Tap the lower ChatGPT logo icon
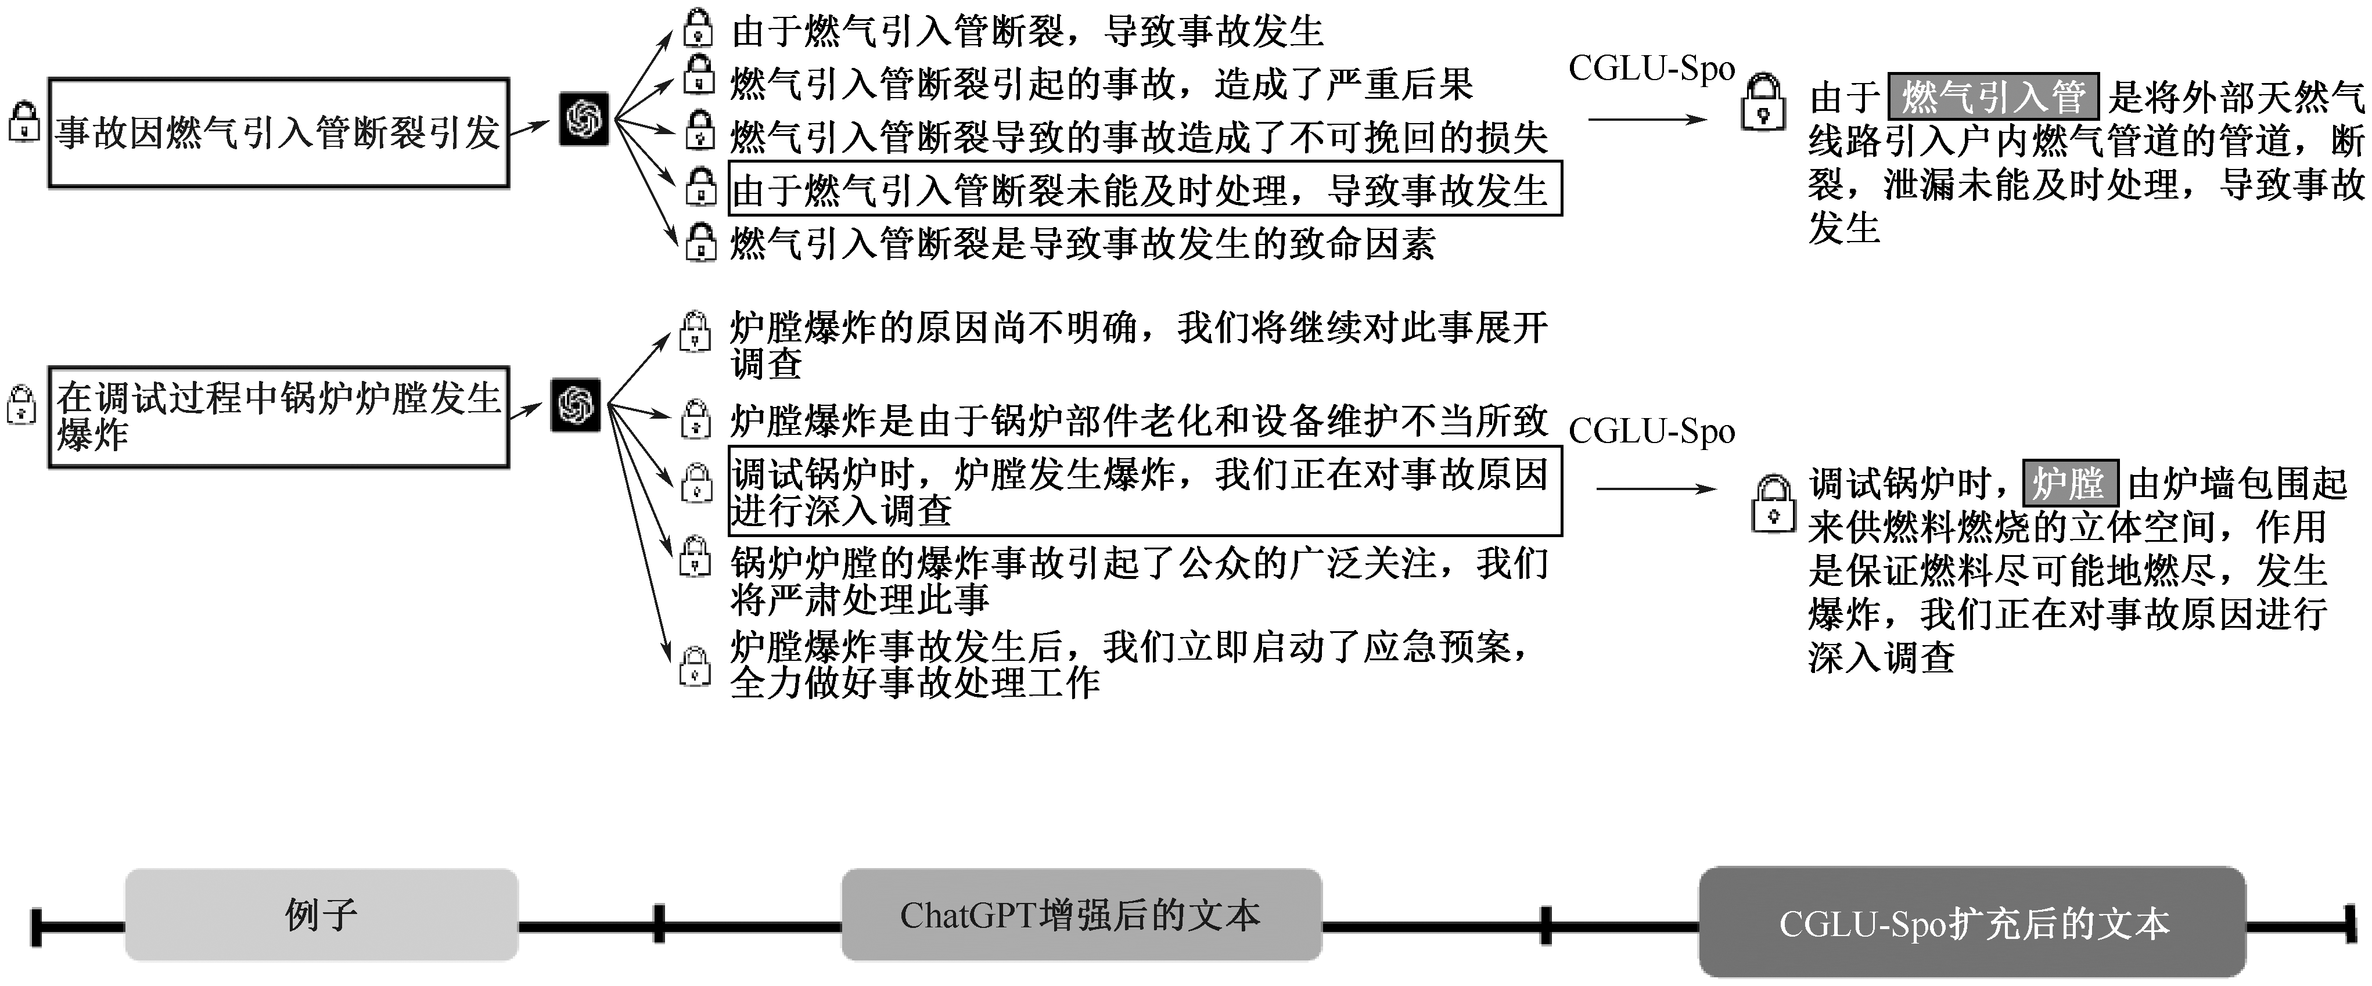click(x=576, y=405)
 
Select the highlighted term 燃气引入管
click(x=1993, y=96)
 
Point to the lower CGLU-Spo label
click(x=1652, y=431)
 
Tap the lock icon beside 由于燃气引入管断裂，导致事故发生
click(x=698, y=28)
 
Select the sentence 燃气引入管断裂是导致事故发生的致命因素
click(x=1083, y=244)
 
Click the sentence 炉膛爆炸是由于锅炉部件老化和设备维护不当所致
click(x=1139, y=421)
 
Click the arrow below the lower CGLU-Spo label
click(x=1656, y=489)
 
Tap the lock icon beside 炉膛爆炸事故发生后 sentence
click(x=695, y=667)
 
